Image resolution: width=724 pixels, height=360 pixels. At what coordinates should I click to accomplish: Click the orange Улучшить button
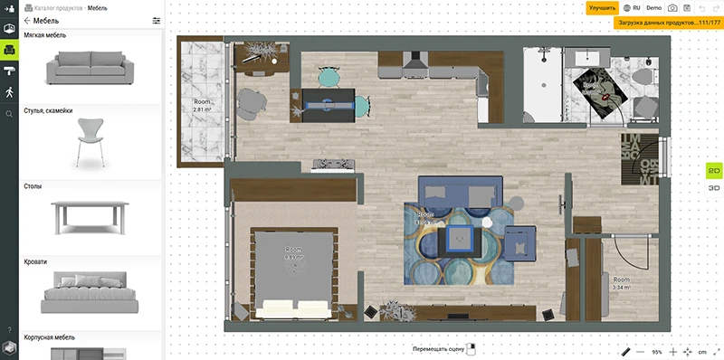coord(602,7)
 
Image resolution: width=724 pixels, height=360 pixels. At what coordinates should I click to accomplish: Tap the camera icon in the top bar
coord(672,7)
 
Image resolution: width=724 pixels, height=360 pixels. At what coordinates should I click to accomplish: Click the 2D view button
coord(713,171)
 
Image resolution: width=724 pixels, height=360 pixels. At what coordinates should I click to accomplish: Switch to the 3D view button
coord(713,187)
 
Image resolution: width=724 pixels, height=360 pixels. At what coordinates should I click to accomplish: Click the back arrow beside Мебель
coord(27,20)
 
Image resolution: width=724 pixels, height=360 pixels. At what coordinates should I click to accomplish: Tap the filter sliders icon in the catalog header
coord(157,20)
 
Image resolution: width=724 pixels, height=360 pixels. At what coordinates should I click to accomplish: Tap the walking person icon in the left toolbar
coord(9,92)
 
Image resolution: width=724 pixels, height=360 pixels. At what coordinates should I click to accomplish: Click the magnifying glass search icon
coord(9,114)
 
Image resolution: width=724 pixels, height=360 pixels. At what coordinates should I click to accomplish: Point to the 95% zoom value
coord(656,351)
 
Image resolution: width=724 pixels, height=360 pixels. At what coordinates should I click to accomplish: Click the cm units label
coord(702,351)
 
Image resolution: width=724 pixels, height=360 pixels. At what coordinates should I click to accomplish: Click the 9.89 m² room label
coord(292,253)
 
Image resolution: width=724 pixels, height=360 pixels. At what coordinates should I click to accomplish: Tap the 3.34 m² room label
coord(621,284)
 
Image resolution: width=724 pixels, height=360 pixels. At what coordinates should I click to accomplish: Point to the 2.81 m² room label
coord(202,105)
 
